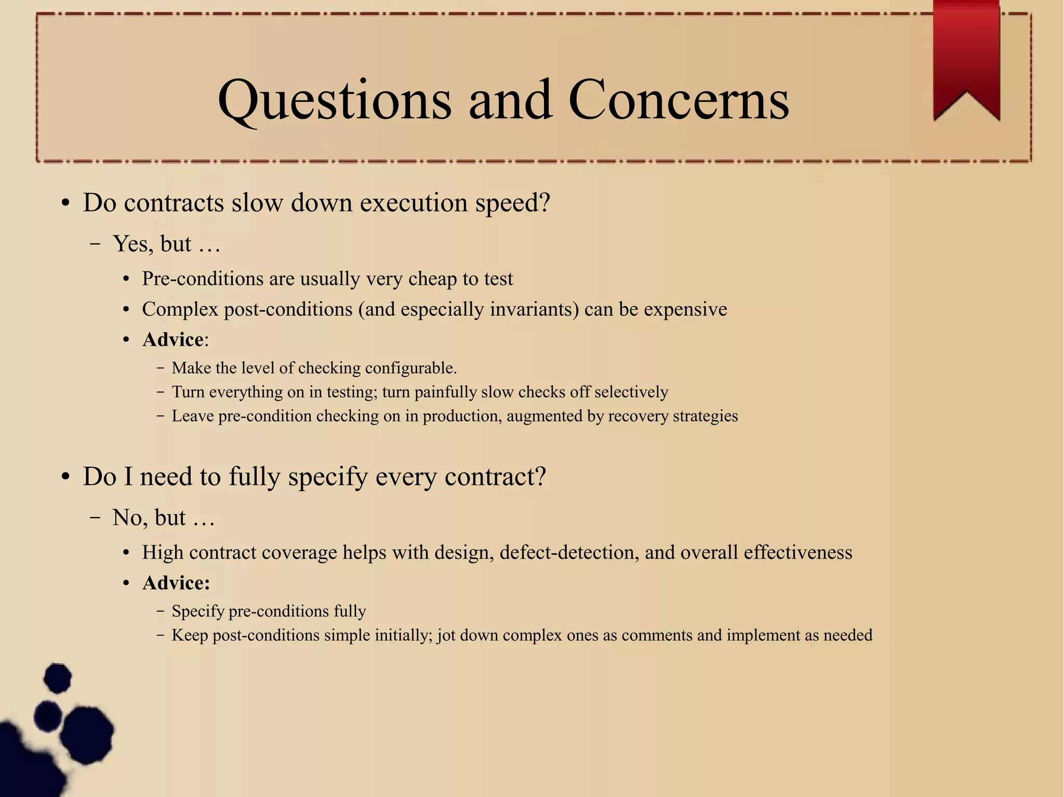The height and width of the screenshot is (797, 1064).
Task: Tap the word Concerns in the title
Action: [x=679, y=100]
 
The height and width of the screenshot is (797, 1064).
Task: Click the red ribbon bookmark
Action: [x=966, y=57]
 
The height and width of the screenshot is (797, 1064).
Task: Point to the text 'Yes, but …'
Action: [x=167, y=244]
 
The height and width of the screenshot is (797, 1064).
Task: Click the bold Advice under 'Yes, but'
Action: [x=173, y=340]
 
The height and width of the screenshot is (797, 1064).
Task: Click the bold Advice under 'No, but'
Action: [x=176, y=583]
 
